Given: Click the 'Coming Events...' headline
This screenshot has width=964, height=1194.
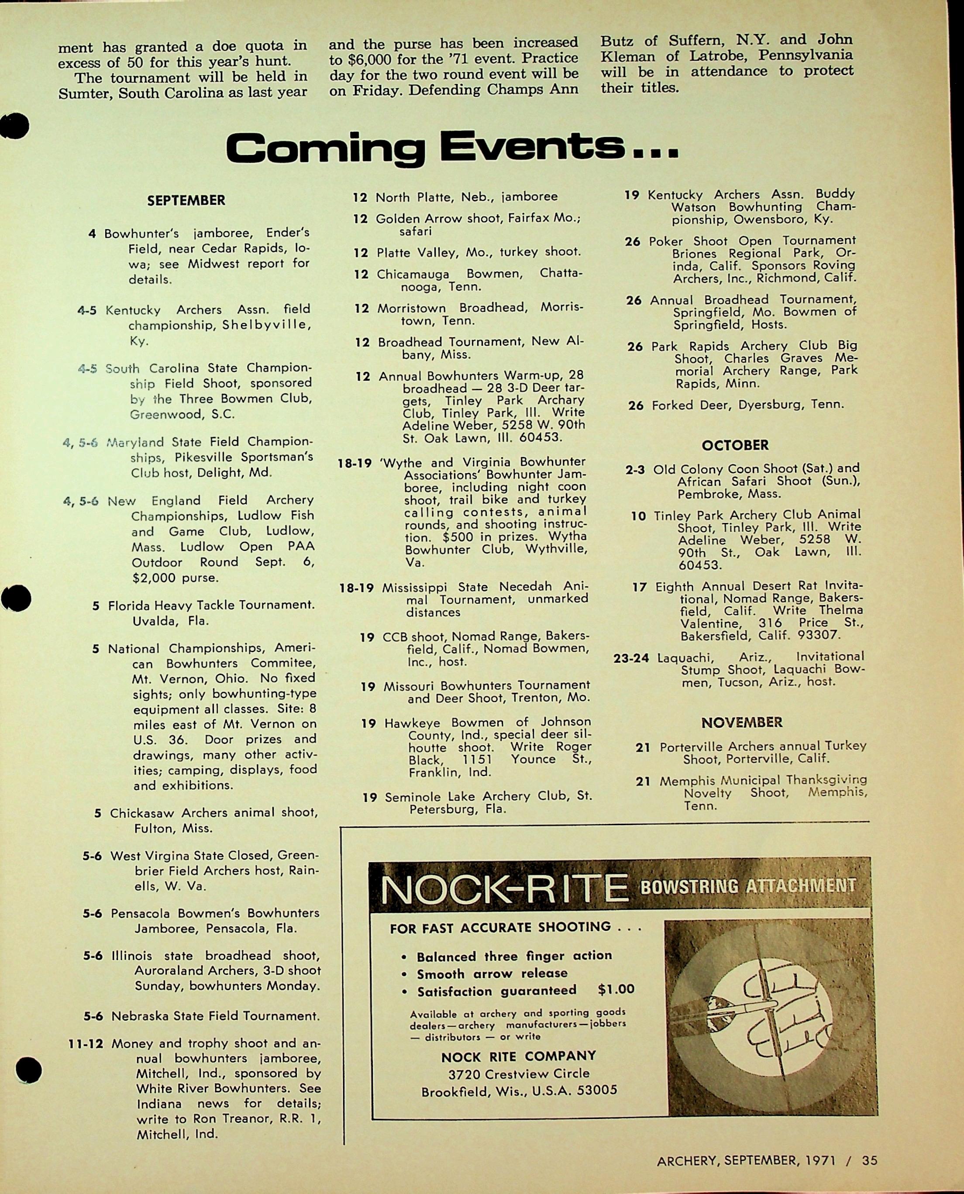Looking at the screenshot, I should click(451, 148).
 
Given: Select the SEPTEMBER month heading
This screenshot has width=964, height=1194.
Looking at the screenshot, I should click(186, 200).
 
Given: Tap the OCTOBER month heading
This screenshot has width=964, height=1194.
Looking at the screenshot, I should click(735, 445).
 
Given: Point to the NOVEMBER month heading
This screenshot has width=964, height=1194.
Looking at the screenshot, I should click(742, 723).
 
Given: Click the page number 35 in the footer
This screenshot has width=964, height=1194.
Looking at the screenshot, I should click(870, 1160).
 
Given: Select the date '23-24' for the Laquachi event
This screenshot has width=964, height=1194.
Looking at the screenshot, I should click(631, 658).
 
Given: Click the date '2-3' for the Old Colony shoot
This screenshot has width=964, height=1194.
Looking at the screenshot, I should click(635, 470).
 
